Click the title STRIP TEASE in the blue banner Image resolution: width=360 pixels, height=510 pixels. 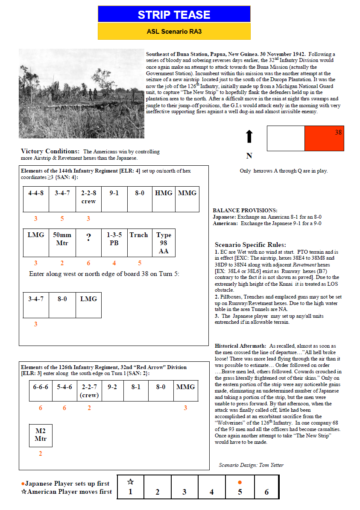[x=174, y=15]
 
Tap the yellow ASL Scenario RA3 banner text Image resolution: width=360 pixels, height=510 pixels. [x=174, y=32]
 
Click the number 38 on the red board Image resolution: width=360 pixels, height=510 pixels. [x=338, y=133]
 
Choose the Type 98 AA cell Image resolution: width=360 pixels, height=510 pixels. [x=164, y=243]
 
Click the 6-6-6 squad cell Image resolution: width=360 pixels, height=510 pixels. [x=41, y=390]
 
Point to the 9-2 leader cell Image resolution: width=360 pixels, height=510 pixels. [x=112, y=390]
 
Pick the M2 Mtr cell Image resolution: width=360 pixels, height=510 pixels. [x=41, y=435]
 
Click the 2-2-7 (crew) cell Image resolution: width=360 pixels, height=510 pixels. [x=89, y=390]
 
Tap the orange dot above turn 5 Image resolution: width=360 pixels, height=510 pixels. [x=240, y=482]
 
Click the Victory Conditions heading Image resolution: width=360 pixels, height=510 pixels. [x=50, y=151]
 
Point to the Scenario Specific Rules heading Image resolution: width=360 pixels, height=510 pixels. [x=250, y=245]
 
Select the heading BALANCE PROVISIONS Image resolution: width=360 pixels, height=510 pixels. [x=245, y=210]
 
